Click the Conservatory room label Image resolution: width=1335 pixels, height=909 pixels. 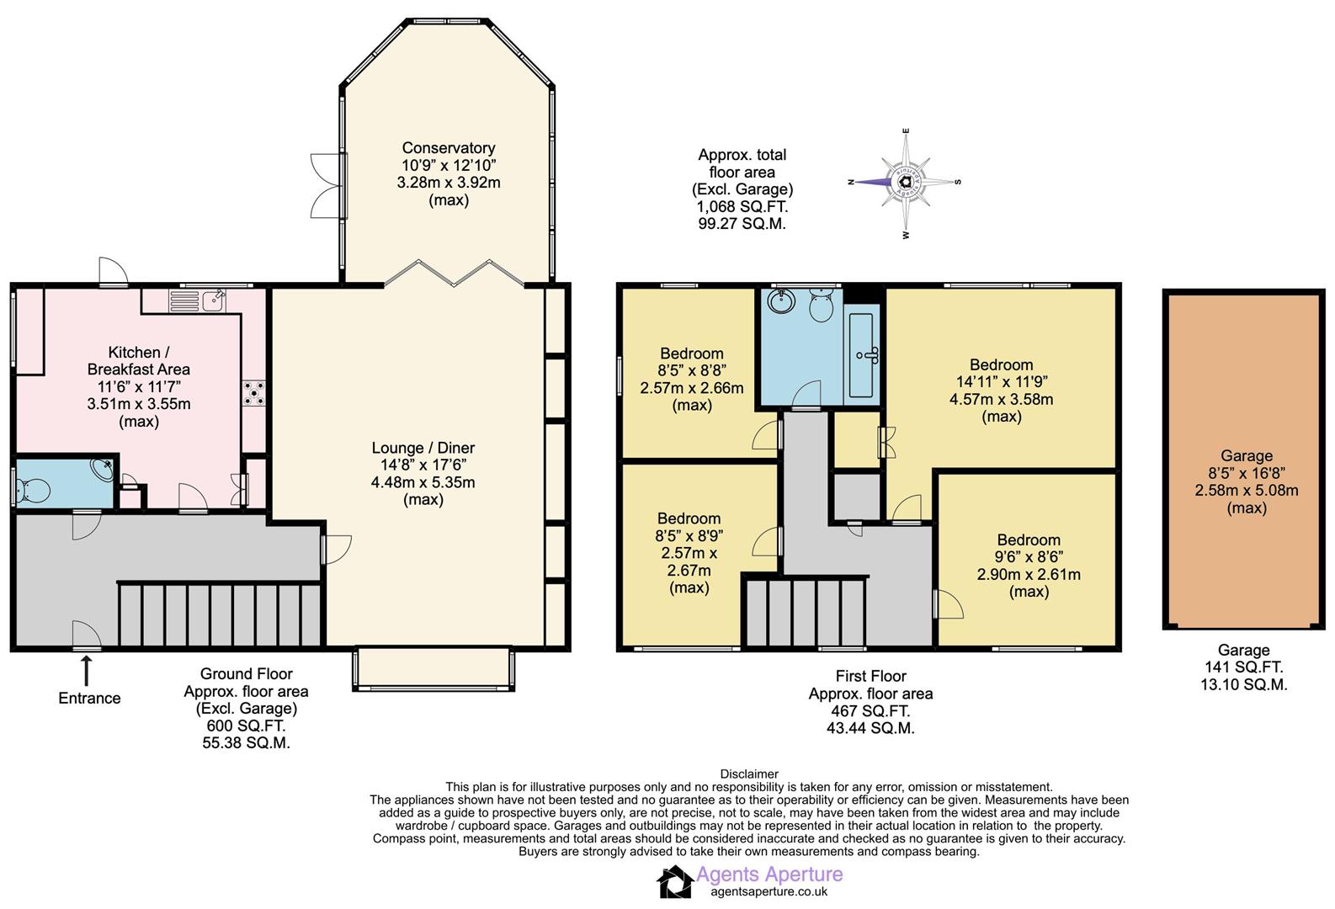tap(448, 148)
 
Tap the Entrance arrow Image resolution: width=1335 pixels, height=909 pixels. tap(86, 671)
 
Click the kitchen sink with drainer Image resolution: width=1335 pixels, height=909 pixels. tap(196, 300)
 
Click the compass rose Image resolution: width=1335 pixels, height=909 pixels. tap(906, 182)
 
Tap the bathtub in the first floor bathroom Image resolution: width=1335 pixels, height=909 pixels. tap(862, 354)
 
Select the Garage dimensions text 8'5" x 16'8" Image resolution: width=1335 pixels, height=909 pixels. tap(1246, 473)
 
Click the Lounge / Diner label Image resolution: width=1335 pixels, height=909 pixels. tap(423, 448)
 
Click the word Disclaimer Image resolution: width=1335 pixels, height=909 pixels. tap(749, 773)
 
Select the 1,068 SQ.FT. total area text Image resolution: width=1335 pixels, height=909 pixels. tap(742, 206)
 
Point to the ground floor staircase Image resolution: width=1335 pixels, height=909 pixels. tap(219, 614)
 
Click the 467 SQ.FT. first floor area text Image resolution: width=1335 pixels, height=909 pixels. tap(870, 711)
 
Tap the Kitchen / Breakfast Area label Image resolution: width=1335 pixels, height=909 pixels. tap(139, 360)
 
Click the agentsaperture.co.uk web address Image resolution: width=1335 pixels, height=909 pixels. tap(769, 892)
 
